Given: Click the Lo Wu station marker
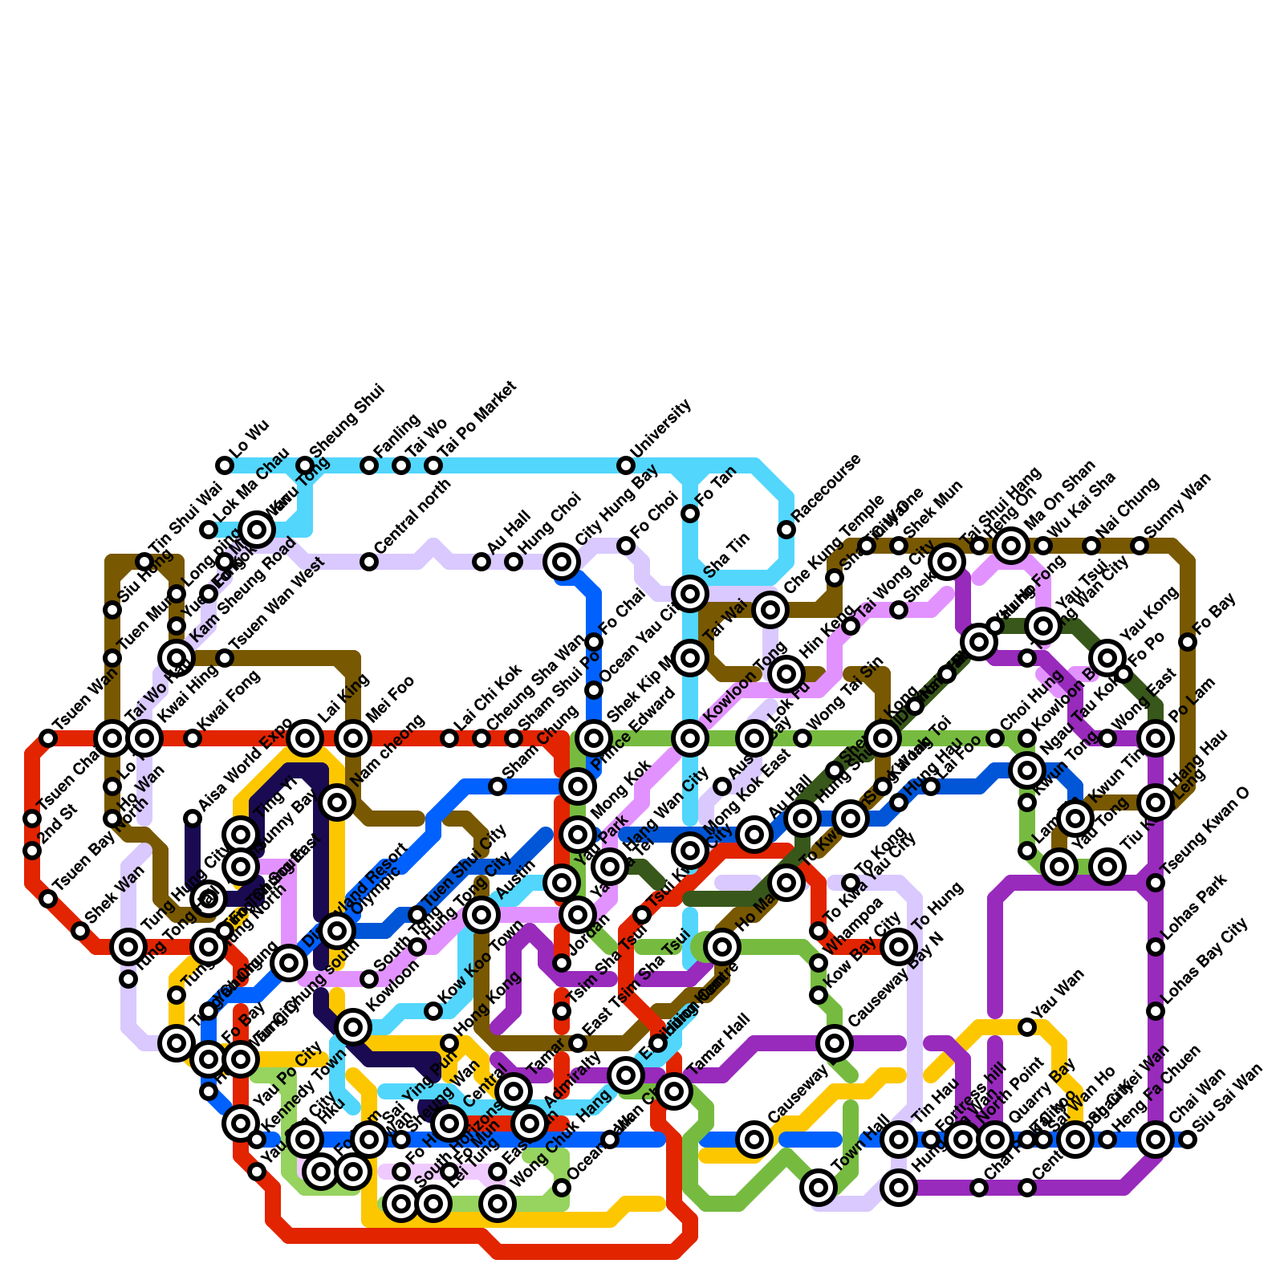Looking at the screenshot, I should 225,465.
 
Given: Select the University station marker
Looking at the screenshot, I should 626,465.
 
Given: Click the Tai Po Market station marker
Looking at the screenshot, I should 433,465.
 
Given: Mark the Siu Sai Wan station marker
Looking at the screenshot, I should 1188,1140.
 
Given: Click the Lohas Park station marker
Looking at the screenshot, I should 1156,947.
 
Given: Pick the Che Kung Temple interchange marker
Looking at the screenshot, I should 770,610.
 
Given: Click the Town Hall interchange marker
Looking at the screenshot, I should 819,1187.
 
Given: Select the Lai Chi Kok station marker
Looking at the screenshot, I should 449,738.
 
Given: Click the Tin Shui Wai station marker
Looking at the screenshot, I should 144,562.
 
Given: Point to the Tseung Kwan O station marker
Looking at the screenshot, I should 1156,883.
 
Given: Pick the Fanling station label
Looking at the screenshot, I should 397,437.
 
